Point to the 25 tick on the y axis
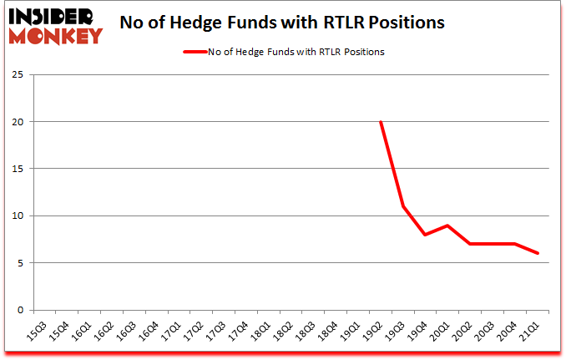[18, 75]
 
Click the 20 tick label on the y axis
[18, 122]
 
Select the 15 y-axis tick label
[18, 169]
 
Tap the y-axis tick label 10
[18, 216]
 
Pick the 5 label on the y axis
[20, 263]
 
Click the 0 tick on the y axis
[20, 310]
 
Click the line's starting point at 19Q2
[381, 122]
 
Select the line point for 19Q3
[403, 206]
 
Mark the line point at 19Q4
[426, 235]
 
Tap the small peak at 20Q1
[448, 226]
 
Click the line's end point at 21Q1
[538, 254]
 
